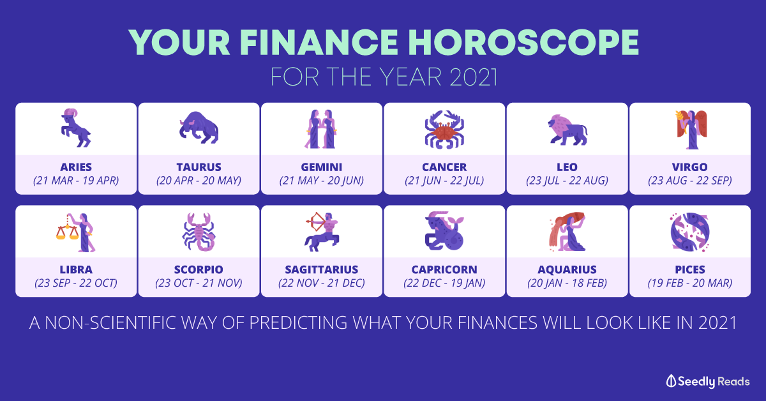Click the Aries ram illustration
click(x=76, y=128)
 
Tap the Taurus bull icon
click(x=199, y=127)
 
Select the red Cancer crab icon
click(x=444, y=130)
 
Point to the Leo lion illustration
click(x=567, y=130)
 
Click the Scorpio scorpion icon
click(x=199, y=232)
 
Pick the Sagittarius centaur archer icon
click(x=322, y=232)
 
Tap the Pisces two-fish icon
click(x=690, y=232)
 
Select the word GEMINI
click(x=322, y=167)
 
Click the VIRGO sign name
click(x=690, y=167)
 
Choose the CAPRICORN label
click(x=444, y=269)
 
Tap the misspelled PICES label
click(x=690, y=269)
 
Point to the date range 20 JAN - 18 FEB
click(x=567, y=283)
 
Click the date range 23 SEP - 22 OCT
click(x=76, y=283)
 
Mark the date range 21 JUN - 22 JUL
click(x=444, y=180)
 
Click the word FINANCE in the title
click(x=319, y=42)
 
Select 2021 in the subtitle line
click(x=473, y=77)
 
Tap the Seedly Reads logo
click(x=708, y=381)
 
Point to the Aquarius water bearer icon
click(x=567, y=232)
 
